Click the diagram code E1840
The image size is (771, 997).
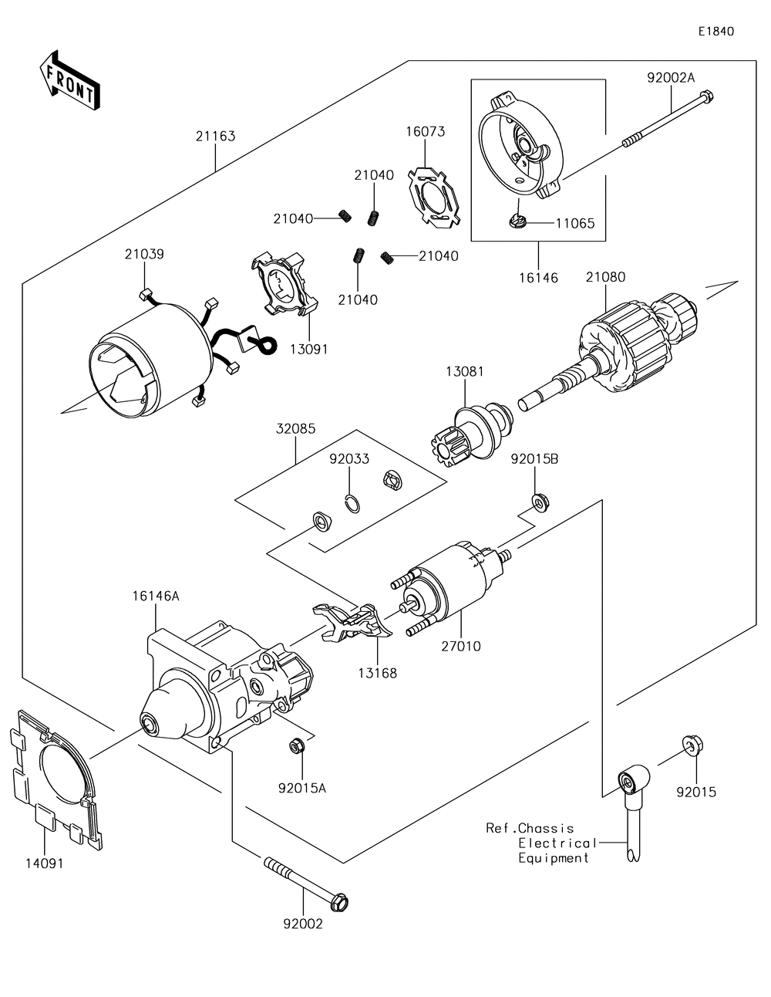click(715, 32)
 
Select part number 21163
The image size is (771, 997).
click(215, 137)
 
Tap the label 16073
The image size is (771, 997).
click(426, 132)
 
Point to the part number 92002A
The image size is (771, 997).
click(670, 77)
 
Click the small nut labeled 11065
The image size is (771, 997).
click(518, 222)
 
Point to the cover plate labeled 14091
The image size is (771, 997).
click(54, 779)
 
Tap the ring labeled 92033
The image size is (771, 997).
click(351, 502)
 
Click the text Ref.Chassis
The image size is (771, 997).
click(530, 828)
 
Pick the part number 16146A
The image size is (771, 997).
click(156, 595)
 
